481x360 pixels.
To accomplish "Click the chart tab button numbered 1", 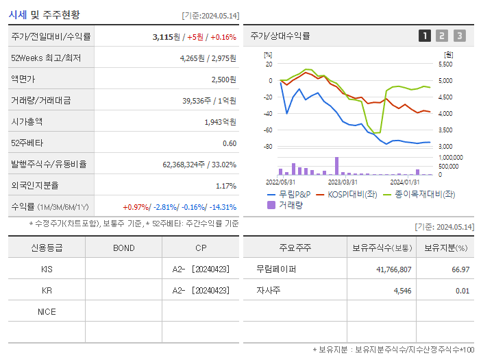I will (425, 36).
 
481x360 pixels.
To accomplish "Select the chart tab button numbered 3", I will (459, 36).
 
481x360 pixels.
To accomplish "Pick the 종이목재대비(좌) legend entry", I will (419, 194).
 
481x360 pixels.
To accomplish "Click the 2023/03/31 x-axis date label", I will (343, 182).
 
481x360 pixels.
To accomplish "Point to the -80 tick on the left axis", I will (268, 147).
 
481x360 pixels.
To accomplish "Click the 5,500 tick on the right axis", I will (445, 64).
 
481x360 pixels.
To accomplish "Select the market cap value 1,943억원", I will (220, 121).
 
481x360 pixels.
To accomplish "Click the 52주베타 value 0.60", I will (230, 143).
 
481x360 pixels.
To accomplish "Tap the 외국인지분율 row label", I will (35, 185).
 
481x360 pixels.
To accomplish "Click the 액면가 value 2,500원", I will (223, 79).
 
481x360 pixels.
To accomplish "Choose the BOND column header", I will (123, 248).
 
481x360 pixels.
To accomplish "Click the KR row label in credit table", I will (47, 290).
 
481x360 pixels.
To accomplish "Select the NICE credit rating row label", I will (47, 311).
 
